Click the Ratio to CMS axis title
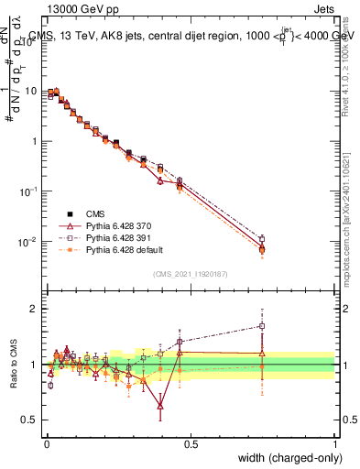(13, 365)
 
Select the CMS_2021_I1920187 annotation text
(190, 273)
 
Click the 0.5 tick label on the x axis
(191, 443)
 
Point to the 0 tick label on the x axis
(47, 443)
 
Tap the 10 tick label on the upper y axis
(32, 92)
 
